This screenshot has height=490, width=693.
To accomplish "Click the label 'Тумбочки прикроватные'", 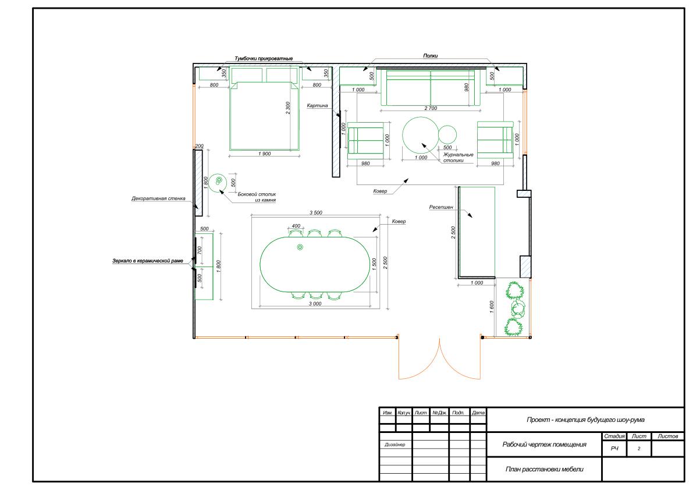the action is [264, 59].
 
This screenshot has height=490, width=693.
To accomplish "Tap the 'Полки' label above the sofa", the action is [430, 56].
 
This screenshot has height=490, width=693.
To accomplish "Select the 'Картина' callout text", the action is [317, 105].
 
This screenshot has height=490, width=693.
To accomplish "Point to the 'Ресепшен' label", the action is [441, 207].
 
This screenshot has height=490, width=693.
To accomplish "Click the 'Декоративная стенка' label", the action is [158, 199].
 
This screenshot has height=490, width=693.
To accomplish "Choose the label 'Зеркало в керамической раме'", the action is [148, 261].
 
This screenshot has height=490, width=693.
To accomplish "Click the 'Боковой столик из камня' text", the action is [257, 197].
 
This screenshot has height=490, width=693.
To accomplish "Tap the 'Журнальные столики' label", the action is [458, 158].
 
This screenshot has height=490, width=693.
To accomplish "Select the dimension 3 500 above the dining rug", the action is [315, 212].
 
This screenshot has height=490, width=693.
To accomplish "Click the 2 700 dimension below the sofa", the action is [431, 108].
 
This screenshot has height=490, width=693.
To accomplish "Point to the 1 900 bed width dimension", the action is [264, 154].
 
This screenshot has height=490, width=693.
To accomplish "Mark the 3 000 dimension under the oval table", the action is [315, 304].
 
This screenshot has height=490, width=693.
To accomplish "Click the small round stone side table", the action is [218, 182].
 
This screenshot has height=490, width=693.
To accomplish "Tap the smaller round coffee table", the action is [447, 134].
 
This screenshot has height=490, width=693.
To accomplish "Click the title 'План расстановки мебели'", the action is [544, 469].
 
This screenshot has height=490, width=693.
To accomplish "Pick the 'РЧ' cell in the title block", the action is [614, 449].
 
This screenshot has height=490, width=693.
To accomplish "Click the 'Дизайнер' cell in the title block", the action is [395, 445].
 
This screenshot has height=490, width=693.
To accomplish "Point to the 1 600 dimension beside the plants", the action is [492, 307].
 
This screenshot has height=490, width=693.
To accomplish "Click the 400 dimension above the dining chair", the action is [296, 226].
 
